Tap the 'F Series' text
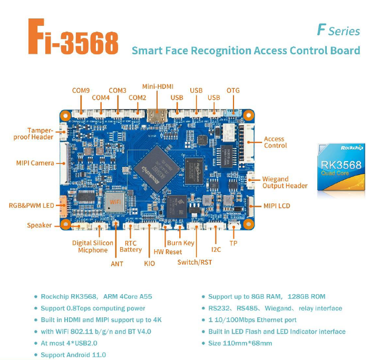pyautogui.click(x=338, y=30)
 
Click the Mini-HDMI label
pyautogui.click(x=158, y=86)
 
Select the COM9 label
pyautogui.click(x=81, y=90)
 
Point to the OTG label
pyautogui.click(x=233, y=90)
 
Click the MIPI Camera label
pyautogui.click(x=35, y=163)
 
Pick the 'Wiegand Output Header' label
pyautogui.click(x=285, y=182)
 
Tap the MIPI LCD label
pyautogui.click(x=277, y=206)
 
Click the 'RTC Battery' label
pyautogui.click(x=131, y=246)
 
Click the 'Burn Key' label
pyautogui.click(x=180, y=243)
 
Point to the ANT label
pyautogui.click(x=117, y=263)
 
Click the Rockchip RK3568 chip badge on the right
pyautogui.click(x=341, y=166)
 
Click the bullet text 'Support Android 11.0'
pyautogui.click(x=73, y=355)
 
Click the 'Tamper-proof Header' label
pyautogui.click(x=34, y=133)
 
